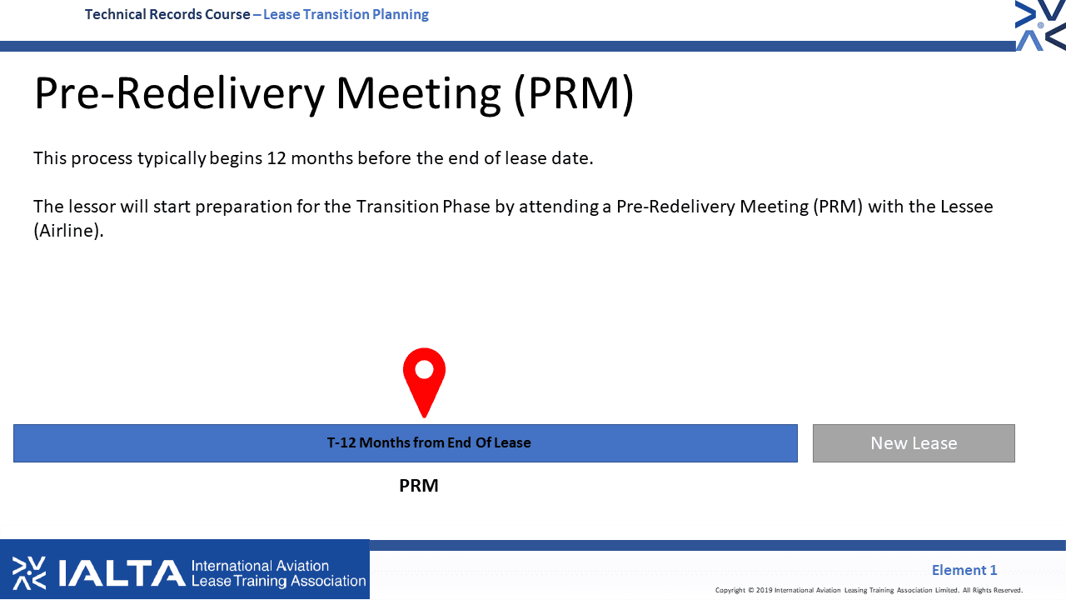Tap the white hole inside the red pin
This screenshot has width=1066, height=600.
click(424, 369)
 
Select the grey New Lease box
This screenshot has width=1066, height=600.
click(914, 442)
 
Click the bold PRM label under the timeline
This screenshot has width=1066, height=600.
click(419, 486)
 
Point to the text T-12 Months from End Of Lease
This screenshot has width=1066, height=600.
click(429, 442)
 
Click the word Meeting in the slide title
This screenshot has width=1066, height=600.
click(418, 94)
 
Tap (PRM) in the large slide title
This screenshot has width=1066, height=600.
click(574, 94)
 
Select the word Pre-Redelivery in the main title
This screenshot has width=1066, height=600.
click(179, 94)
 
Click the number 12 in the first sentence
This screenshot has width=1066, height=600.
click(276, 158)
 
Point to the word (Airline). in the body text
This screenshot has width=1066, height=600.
click(68, 231)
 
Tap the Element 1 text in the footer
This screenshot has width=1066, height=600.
click(964, 569)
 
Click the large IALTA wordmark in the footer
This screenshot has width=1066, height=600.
click(122, 572)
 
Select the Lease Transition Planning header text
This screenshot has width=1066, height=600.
click(346, 14)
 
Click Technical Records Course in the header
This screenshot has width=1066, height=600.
click(167, 14)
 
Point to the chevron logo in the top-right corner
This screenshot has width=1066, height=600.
click(1040, 25)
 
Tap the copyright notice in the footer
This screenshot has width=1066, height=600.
click(869, 590)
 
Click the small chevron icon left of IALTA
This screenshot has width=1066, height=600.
click(29, 572)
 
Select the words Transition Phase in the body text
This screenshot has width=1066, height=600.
click(423, 206)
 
